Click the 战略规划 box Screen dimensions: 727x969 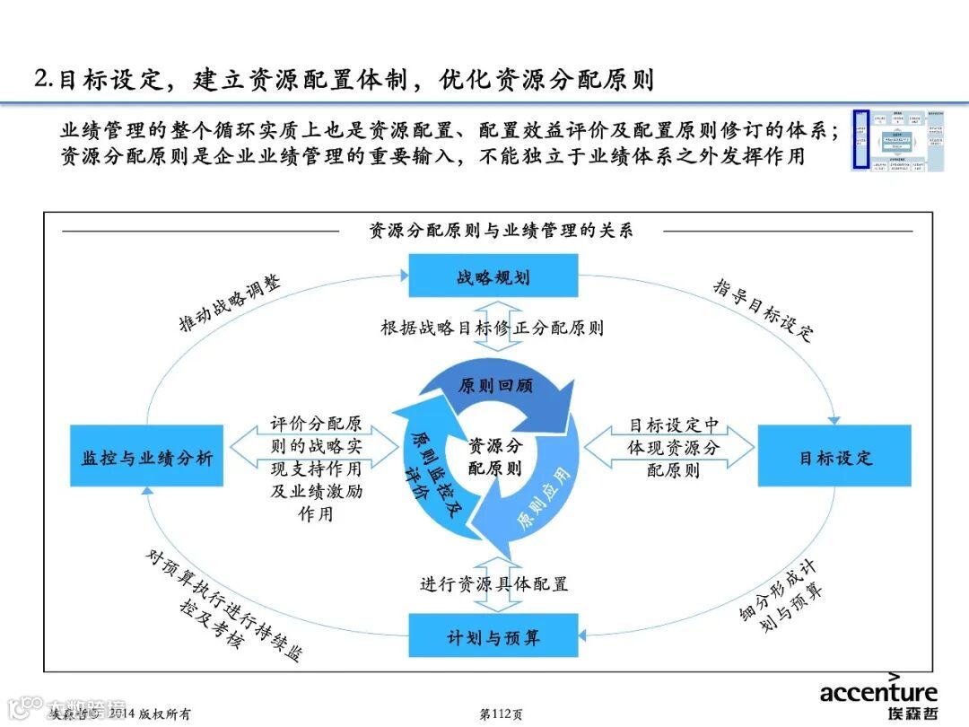coord(493,276)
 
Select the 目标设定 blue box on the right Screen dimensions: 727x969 coord(834,456)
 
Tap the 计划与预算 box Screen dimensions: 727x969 coord(493,637)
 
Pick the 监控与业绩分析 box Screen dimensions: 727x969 coord(147,456)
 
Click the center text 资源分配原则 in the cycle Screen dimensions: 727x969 coord(494,456)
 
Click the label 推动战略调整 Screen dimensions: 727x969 coord(230,305)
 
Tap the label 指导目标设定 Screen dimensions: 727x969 coord(763,309)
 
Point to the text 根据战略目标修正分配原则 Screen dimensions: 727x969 coord(492,328)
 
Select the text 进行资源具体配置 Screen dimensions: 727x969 coord(493,583)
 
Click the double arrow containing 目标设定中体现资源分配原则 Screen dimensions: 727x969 coord(671,447)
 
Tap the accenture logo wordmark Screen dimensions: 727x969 coord(877,692)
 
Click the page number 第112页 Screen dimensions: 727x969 coord(502,714)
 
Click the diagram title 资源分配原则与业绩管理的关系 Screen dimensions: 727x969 coord(501,231)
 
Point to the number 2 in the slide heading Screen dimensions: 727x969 coord(40,79)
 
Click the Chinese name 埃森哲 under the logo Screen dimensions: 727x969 coord(910,714)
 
